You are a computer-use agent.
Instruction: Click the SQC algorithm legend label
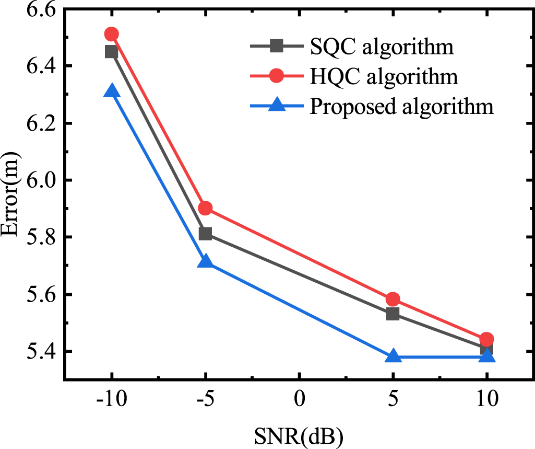tap(381, 47)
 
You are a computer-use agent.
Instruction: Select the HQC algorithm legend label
tap(384, 76)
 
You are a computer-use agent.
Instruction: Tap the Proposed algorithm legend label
tap(401, 106)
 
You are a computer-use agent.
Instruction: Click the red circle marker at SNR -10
tap(112, 34)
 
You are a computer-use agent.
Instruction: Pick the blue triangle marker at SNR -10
tap(112, 91)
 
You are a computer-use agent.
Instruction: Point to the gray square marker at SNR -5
tap(205, 234)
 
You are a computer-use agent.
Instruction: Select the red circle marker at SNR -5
tap(205, 208)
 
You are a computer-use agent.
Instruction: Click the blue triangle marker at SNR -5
tap(205, 261)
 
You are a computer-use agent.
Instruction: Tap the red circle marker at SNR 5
tap(393, 299)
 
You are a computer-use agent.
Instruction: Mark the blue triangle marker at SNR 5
tap(393, 356)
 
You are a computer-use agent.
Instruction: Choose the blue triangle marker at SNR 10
tap(486, 356)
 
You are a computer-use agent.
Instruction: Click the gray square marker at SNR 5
tap(393, 314)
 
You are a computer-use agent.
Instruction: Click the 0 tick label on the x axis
tap(299, 401)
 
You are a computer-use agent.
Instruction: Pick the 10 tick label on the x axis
tap(486, 401)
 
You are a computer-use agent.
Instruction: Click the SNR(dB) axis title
tap(299, 435)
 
